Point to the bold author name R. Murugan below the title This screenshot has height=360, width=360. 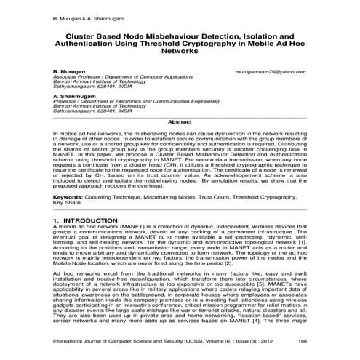[70, 73]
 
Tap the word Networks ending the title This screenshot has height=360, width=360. [179, 52]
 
